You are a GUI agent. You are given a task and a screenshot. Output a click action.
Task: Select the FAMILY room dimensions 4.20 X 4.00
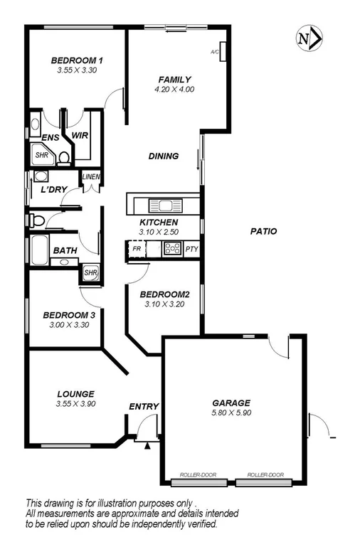click(x=174, y=90)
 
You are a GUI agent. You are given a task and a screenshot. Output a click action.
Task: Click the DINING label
click(x=163, y=156)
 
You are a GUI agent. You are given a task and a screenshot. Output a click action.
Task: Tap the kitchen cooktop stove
click(x=172, y=249)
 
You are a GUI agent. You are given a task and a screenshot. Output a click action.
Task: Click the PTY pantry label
click(x=191, y=250)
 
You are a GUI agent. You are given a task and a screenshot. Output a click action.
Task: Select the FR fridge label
click(x=135, y=250)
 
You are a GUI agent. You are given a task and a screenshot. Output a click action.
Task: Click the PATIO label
click(x=263, y=231)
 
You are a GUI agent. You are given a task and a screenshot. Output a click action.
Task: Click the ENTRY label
click(x=143, y=406)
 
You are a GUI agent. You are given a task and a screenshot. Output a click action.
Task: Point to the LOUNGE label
click(x=75, y=393)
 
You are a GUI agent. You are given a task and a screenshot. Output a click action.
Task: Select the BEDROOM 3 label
click(x=68, y=315)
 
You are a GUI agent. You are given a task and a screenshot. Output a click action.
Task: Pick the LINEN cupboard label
click(x=91, y=177)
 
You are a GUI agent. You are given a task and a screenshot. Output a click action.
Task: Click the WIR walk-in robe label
click(x=79, y=134)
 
